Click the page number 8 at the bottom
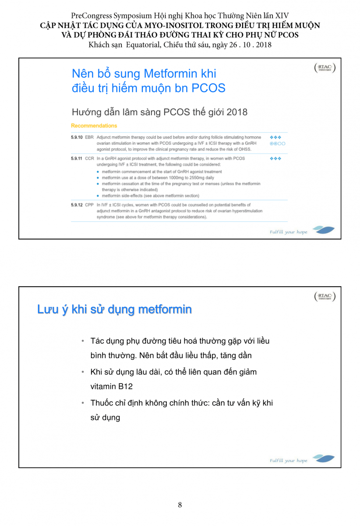(180, 505)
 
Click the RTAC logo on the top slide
(325, 68)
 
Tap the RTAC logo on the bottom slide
(325, 297)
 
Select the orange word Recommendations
(94, 126)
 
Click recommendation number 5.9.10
(77, 138)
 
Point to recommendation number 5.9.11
(77, 159)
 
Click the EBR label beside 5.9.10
(89, 138)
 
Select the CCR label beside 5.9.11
(89, 159)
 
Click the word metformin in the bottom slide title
(165, 309)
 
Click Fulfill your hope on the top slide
(289, 232)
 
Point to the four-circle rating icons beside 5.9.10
(278, 143)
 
